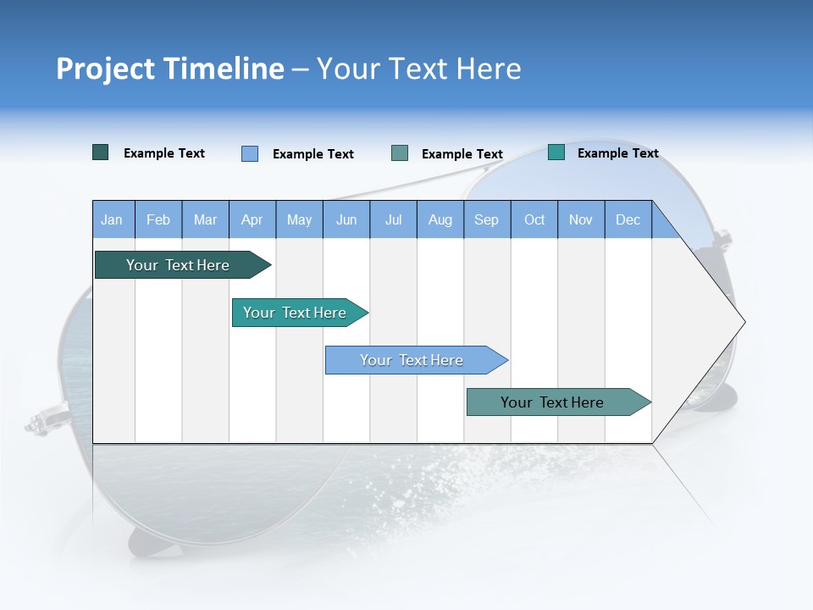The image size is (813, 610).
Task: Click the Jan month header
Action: [x=112, y=219]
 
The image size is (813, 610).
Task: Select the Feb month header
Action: [x=158, y=219]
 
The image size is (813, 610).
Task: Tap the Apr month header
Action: [x=252, y=219]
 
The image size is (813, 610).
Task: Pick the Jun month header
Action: [x=346, y=219]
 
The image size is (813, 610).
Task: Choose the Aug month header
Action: [x=440, y=219]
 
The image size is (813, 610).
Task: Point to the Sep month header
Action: [x=486, y=219]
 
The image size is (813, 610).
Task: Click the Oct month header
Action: [x=534, y=219]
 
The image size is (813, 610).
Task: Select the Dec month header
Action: [x=628, y=219]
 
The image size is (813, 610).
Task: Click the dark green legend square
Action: [x=101, y=152]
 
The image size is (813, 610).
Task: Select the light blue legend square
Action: [x=250, y=153]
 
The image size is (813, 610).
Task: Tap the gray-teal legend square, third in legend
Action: [x=400, y=153]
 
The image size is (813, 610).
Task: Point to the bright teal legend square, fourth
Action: [x=556, y=152]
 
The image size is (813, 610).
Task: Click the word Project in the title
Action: [x=97, y=69]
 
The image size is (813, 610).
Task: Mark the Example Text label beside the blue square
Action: [x=312, y=154]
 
